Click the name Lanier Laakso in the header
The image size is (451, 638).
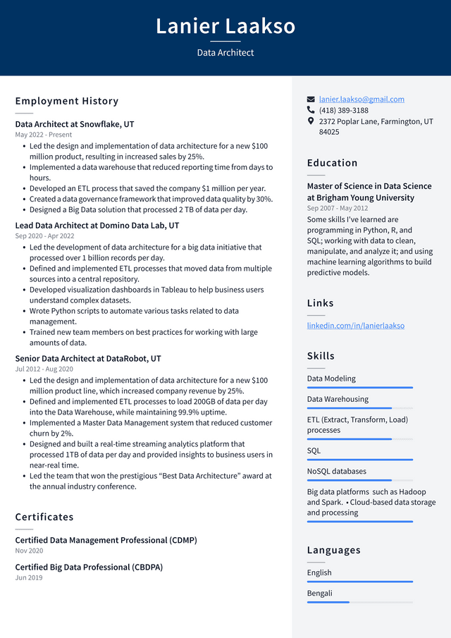(225, 27)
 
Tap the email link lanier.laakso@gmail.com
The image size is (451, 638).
(362, 99)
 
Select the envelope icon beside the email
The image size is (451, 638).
(311, 99)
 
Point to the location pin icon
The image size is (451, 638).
(311, 121)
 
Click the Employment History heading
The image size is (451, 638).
(67, 101)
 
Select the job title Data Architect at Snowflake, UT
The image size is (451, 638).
(75, 124)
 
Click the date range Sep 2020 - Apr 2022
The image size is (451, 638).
(44, 236)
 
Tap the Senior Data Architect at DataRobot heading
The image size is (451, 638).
(88, 359)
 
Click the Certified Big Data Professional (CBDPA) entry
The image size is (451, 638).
(89, 568)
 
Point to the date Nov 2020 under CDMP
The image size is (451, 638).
(29, 551)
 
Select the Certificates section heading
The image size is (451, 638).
(44, 517)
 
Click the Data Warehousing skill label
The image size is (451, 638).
(338, 399)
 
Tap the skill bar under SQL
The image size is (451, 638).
(359, 460)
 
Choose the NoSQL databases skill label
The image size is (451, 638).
(337, 472)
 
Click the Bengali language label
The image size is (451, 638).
(319, 594)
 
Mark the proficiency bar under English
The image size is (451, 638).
(359, 582)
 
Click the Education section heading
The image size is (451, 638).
(332, 163)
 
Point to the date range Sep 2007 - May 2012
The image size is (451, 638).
(338, 209)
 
